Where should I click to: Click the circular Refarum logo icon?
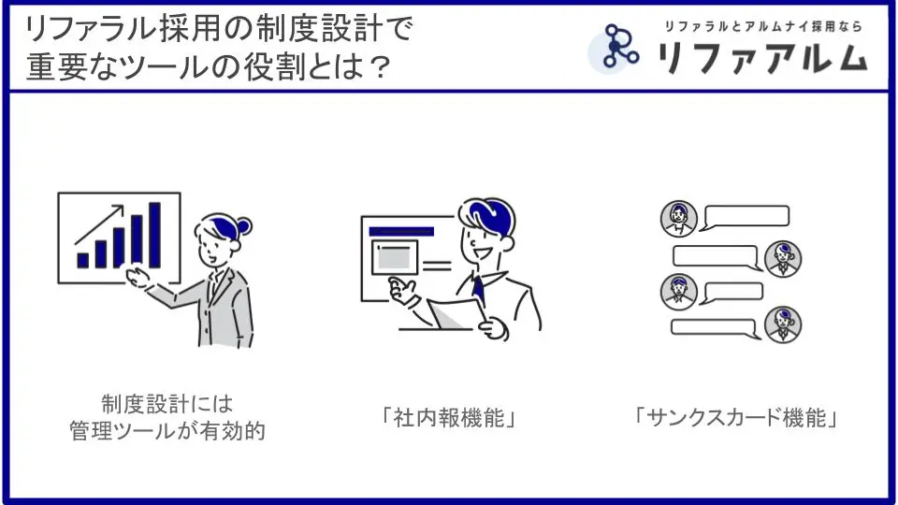(614, 48)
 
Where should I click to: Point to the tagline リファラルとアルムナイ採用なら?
(763, 26)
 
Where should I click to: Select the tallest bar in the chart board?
(154, 235)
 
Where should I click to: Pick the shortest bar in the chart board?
(83, 261)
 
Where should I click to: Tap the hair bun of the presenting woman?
(244, 226)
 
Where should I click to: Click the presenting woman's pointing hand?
(138, 276)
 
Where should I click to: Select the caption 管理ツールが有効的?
(167, 430)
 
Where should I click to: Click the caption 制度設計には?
(167, 404)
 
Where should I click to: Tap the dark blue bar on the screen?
(401, 231)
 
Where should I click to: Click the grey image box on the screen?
(395, 257)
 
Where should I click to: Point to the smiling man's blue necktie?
(478, 289)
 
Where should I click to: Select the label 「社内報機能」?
(449, 417)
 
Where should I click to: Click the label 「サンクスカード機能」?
(736, 417)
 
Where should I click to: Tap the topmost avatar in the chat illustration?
(679, 218)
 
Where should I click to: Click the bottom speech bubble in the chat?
(715, 328)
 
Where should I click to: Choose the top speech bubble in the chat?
(745, 217)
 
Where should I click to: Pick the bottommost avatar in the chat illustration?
(783, 325)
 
